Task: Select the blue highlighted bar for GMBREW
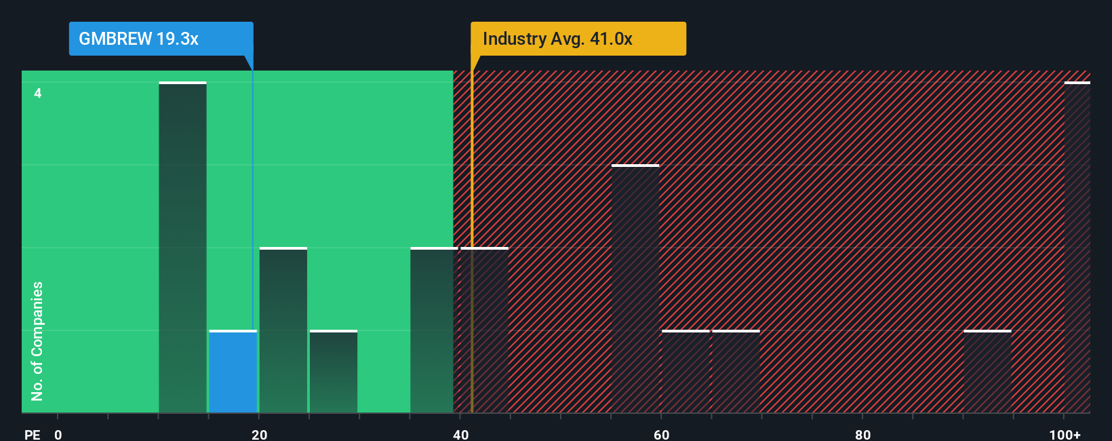coord(233,372)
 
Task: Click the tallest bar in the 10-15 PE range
coord(182,248)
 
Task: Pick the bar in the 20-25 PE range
coord(283,330)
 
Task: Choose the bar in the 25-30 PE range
coord(334,372)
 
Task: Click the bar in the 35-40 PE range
coord(432,330)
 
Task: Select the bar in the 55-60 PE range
coord(635,289)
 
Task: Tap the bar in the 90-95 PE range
coord(987,372)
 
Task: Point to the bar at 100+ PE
coord(1077,248)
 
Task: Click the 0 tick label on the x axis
coord(58,434)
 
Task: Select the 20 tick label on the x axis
coord(259,434)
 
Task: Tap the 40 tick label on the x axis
coord(460,434)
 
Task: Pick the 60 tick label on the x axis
coord(662,434)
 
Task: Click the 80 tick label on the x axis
coord(862,434)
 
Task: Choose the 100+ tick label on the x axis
coord(1065,434)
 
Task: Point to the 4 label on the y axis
coord(38,93)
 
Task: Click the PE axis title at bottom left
coord(32,434)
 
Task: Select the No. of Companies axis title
coord(37,341)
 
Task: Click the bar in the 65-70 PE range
coord(736,372)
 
